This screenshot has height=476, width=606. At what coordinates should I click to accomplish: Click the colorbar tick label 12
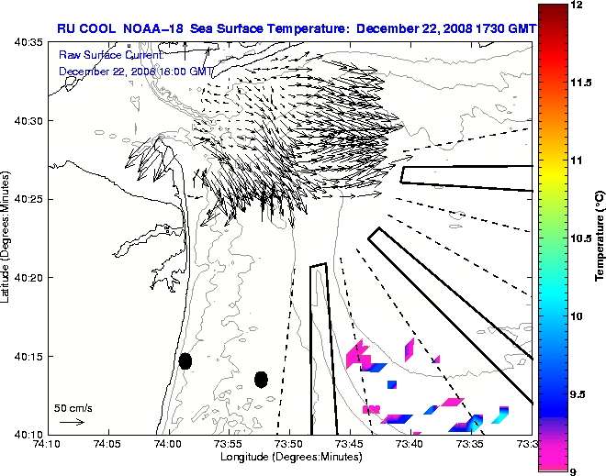[576, 6]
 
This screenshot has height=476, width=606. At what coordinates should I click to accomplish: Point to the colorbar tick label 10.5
[581, 238]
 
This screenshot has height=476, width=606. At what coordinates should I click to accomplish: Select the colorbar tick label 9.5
[578, 393]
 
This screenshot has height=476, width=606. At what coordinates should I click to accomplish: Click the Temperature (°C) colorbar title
[599, 238]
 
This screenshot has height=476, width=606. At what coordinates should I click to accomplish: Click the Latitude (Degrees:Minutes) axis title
[6, 238]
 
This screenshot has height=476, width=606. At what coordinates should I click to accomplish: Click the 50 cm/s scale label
[73, 407]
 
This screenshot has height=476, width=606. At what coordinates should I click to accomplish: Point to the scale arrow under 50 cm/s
[72, 422]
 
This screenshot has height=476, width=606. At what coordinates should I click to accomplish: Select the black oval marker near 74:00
[185, 361]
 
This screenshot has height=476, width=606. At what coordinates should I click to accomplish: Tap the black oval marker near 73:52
[261, 379]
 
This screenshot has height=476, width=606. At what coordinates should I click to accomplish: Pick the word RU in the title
[66, 28]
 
